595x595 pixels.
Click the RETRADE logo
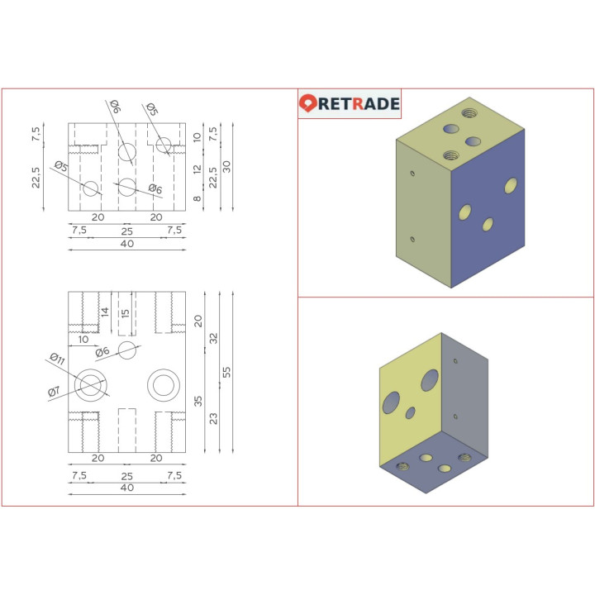(350, 104)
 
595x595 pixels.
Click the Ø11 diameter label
(56, 359)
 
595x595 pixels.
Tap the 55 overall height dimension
(227, 372)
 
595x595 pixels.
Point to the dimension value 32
(214, 338)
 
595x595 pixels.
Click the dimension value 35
(198, 402)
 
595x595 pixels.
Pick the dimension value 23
(214, 419)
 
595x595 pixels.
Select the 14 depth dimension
(105, 312)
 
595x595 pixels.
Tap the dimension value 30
(227, 164)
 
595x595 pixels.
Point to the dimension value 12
(198, 169)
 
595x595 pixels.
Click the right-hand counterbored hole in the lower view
(162, 385)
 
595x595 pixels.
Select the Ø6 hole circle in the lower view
(126, 350)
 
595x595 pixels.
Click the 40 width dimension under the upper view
(126, 245)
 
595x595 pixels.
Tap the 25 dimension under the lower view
(126, 477)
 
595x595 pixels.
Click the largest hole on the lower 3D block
(429, 380)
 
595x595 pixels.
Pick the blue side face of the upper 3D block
(488, 215)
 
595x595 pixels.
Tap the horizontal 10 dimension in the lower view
(83, 339)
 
